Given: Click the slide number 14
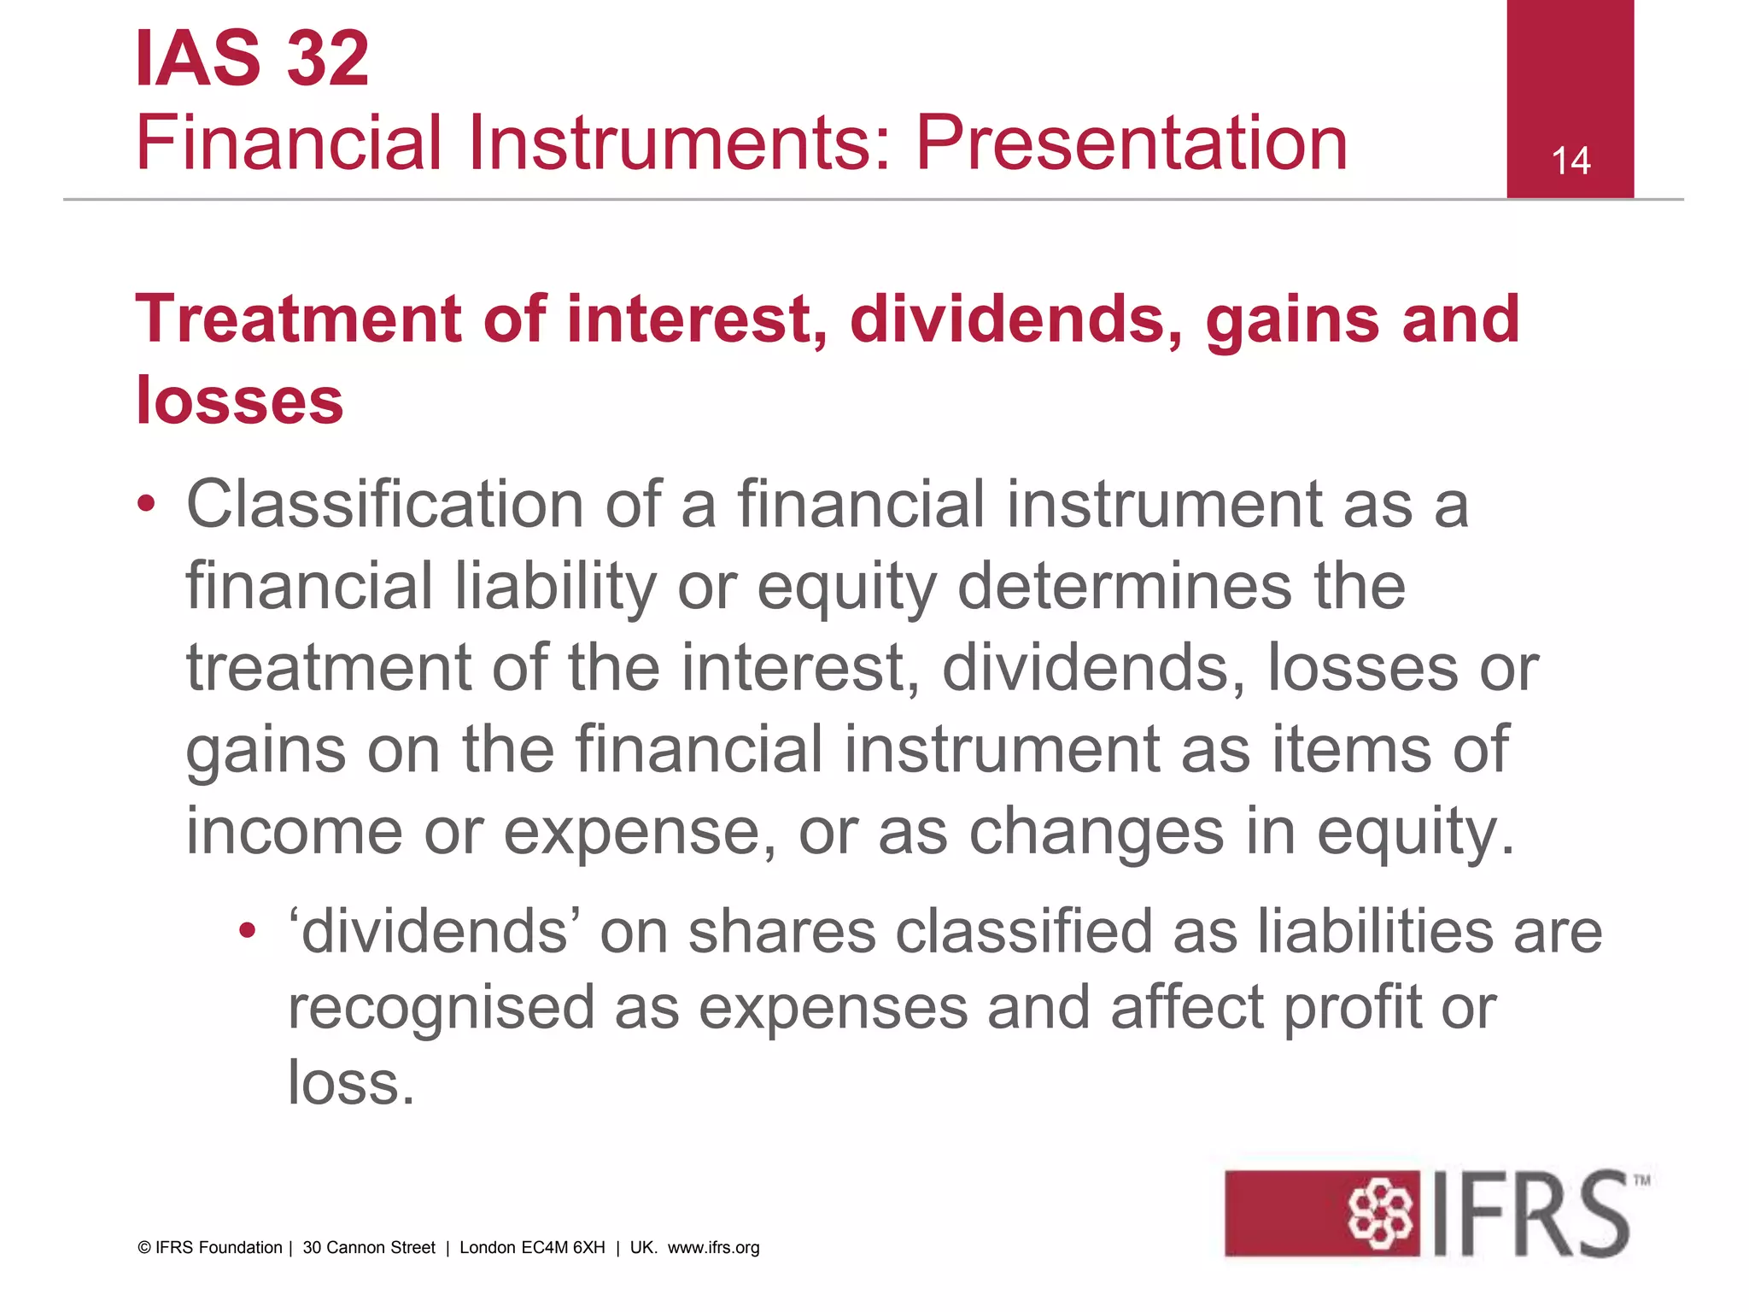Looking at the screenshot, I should (x=1570, y=161).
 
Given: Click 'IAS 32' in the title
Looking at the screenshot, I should (x=252, y=58).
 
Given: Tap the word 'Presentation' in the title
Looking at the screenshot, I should (x=1132, y=143).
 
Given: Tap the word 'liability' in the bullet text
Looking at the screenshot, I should (x=555, y=587).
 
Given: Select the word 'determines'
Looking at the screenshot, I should (x=1126, y=587).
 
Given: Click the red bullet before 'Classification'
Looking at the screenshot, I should (x=147, y=504).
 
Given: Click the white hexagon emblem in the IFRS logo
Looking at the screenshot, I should (x=1380, y=1214).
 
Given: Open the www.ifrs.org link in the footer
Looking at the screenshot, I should (x=713, y=1248).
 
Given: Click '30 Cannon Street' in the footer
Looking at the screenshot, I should (x=369, y=1248).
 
